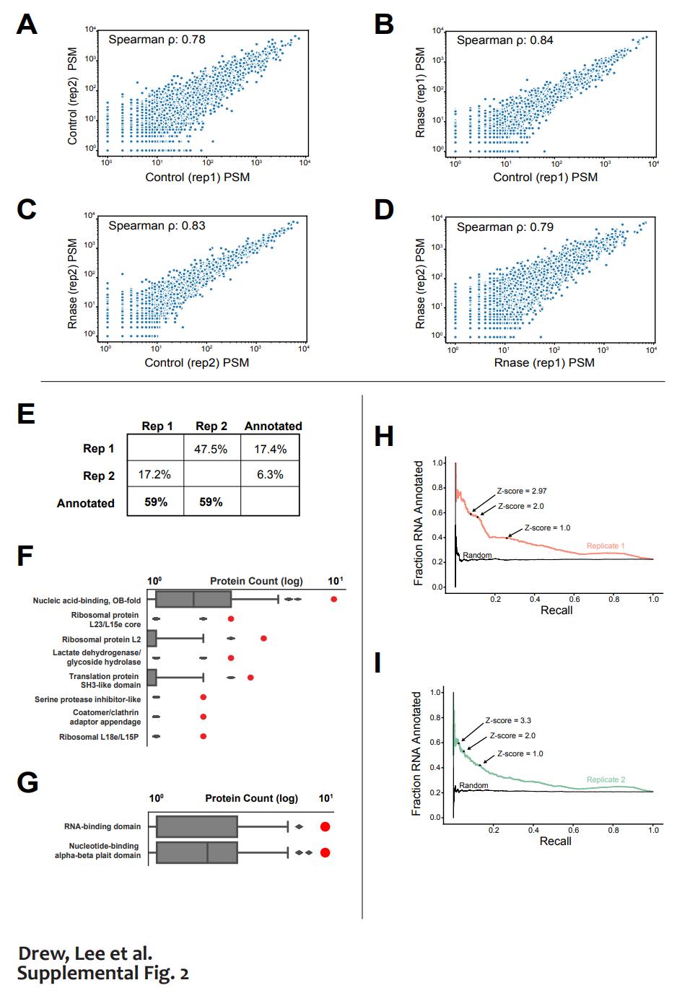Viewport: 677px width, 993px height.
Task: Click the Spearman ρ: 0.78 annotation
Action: pos(157,40)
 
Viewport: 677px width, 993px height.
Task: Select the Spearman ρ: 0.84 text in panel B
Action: pos(505,40)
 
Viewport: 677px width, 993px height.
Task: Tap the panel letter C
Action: pos(27,209)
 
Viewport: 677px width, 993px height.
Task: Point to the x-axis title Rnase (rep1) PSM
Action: pos(544,362)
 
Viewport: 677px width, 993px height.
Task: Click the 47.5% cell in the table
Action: pos(211,449)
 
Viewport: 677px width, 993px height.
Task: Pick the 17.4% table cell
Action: pos(270,449)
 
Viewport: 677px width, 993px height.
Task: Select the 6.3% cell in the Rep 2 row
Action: pos(270,475)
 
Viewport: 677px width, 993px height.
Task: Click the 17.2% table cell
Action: pos(154,475)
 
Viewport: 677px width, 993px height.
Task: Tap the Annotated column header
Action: pos(273,426)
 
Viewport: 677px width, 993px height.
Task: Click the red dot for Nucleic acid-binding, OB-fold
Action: pos(333,599)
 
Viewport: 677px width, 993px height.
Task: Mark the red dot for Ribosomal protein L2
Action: pos(263,639)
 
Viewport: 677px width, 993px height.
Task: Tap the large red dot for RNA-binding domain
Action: pos(326,827)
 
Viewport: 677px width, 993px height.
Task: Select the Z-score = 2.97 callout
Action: pos(522,491)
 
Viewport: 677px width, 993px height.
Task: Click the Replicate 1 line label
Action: pos(606,546)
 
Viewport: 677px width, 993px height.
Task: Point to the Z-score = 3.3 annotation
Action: pos(508,720)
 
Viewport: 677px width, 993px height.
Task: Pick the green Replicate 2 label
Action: pos(606,779)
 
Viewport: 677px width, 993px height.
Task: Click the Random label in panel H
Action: pos(477,555)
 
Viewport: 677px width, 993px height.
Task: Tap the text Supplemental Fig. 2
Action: pos(103,974)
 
